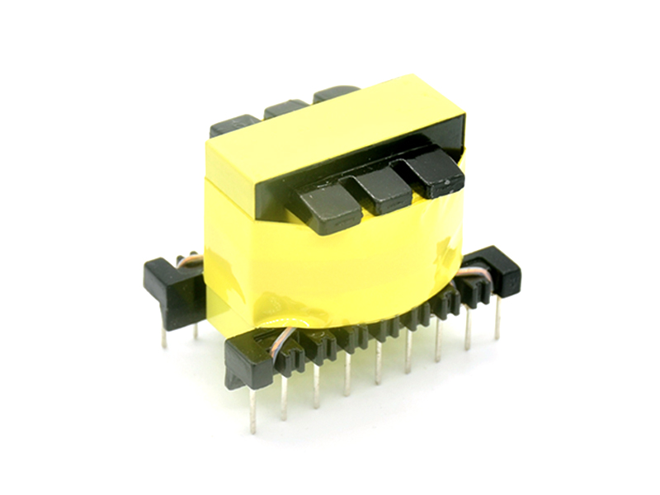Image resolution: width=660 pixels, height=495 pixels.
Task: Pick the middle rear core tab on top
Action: tap(285, 108)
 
